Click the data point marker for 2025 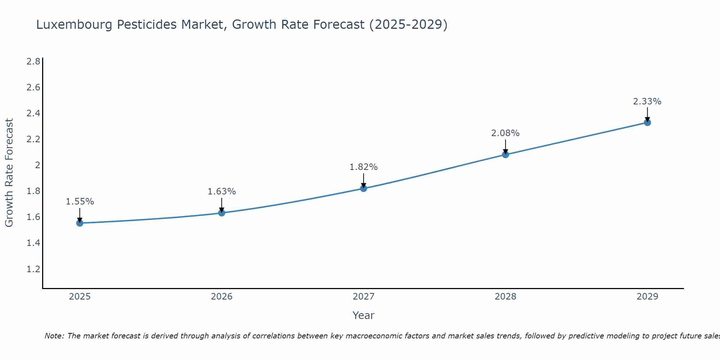point(80,223)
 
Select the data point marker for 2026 point(222,213)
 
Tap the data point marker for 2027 point(364,188)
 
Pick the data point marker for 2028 point(505,154)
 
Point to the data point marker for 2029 point(647,122)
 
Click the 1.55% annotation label point(80,202)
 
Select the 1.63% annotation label point(222,192)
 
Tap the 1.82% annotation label point(364,167)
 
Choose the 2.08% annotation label point(505,133)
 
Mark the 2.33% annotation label point(647,102)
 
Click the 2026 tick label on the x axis point(222,297)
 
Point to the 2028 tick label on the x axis point(505,297)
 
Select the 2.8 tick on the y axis point(33,62)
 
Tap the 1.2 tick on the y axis point(33,269)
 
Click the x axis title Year point(364,315)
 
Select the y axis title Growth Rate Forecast point(9,173)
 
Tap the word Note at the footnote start point(54,336)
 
